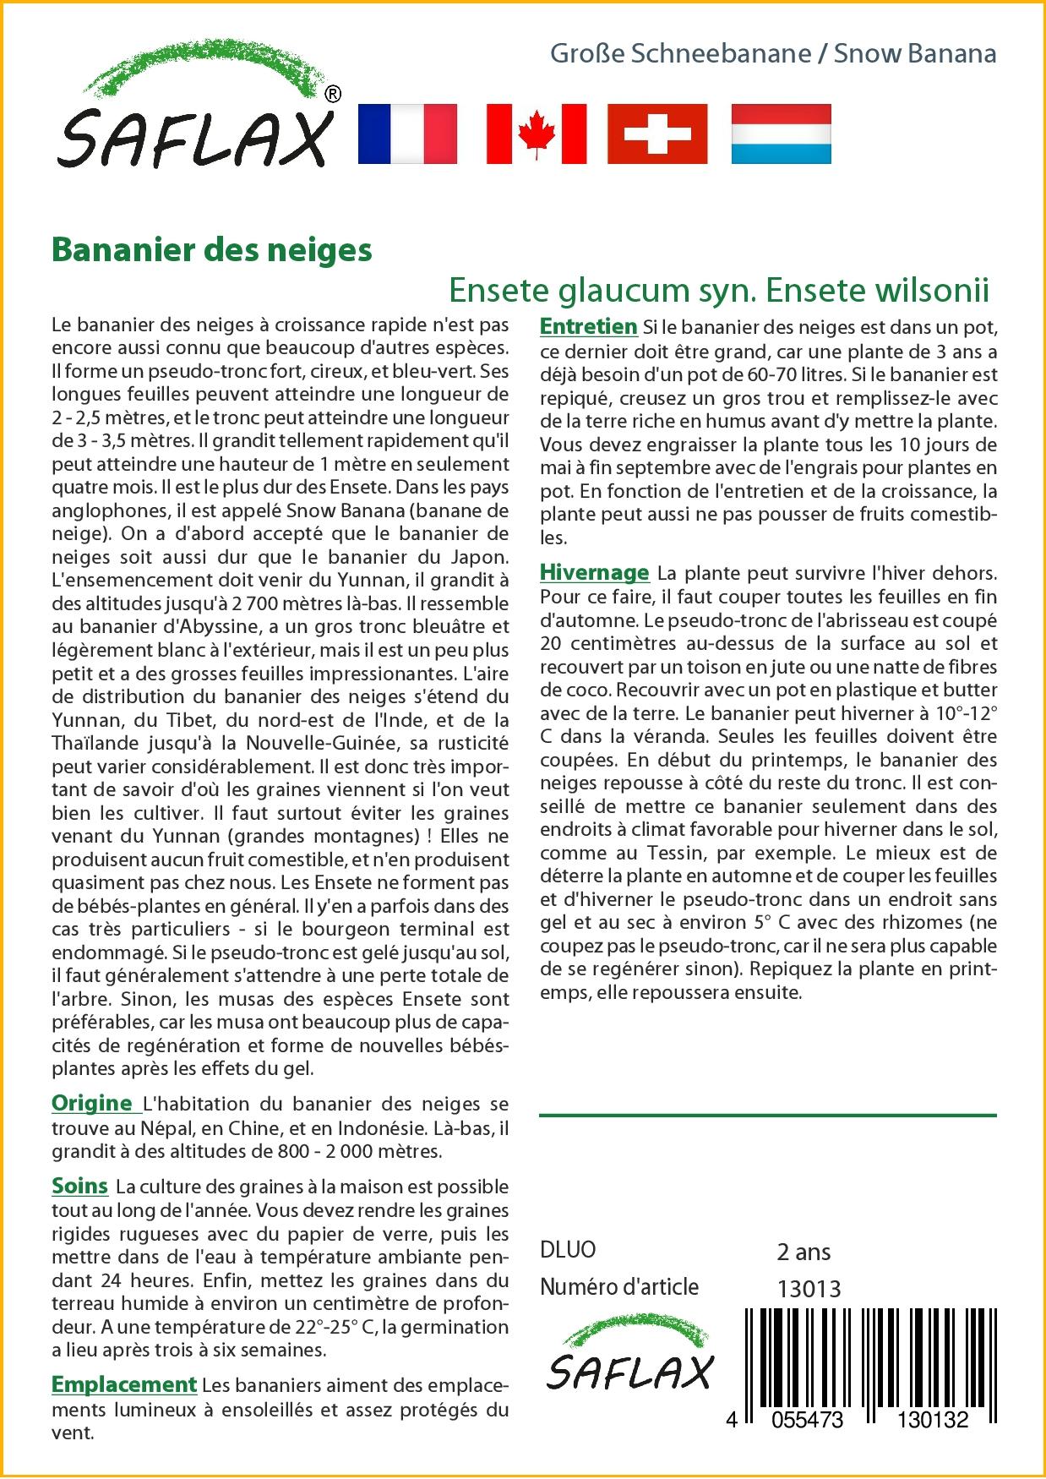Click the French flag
[x=407, y=134]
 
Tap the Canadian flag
[x=536, y=134]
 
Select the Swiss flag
[x=657, y=134]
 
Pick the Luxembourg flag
[x=781, y=134]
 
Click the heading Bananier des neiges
[x=212, y=250]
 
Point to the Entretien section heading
[x=588, y=327]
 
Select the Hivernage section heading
[x=594, y=572]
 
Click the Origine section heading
[x=92, y=1103]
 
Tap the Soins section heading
[x=80, y=1186]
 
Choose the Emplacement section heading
[x=124, y=1384]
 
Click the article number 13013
[x=809, y=1288]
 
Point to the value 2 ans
[x=804, y=1252]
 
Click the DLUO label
[x=568, y=1249]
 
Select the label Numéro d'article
[x=619, y=1287]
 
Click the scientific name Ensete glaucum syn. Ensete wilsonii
[x=718, y=290]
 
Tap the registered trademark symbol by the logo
[x=333, y=95]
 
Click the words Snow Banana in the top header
[x=915, y=54]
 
